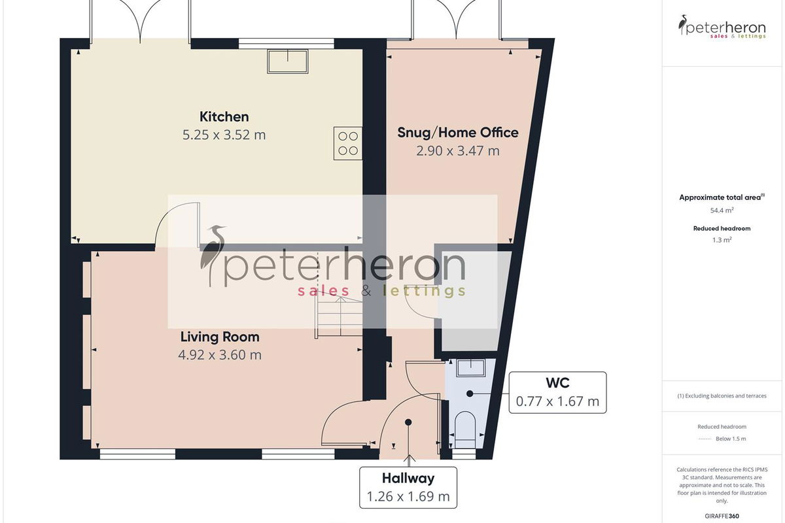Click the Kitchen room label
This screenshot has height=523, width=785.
224,116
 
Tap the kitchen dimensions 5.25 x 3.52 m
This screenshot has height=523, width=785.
224,135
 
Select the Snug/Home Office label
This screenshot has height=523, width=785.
458,133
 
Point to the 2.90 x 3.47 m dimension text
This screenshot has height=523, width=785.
458,151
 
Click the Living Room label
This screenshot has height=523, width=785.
220,337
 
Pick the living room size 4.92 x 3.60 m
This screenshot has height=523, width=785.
220,355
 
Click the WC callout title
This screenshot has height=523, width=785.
557,383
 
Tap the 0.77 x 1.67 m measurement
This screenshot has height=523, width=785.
557,401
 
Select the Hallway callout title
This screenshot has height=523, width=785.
408,478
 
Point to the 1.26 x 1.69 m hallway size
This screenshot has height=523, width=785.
408,496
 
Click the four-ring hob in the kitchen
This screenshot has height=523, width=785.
347,144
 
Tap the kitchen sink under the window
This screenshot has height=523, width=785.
288,61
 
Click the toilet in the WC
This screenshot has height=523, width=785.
465,430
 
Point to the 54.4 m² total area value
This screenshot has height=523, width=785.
722,211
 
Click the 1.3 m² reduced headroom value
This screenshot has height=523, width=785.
722,240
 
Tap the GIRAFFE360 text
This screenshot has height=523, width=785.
722,516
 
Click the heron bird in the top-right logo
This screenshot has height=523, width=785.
682,25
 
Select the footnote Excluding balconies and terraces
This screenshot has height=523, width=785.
722,396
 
